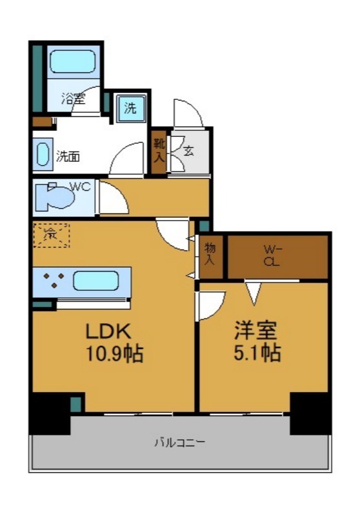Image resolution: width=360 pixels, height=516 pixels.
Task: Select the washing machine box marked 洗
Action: (130, 108)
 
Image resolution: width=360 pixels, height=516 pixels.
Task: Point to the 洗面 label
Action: (68, 156)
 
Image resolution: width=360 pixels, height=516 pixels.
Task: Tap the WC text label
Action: (79, 187)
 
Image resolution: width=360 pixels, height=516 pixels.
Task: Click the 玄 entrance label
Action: (189, 152)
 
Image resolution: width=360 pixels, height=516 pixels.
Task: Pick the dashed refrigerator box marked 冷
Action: (51, 235)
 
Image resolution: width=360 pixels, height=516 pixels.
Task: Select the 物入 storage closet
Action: (210, 255)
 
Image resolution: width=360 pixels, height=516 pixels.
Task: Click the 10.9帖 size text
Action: (114, 353)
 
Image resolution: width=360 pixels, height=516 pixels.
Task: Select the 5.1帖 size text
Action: (257, 353)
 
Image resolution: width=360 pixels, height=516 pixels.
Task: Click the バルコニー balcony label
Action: (179, 443)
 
